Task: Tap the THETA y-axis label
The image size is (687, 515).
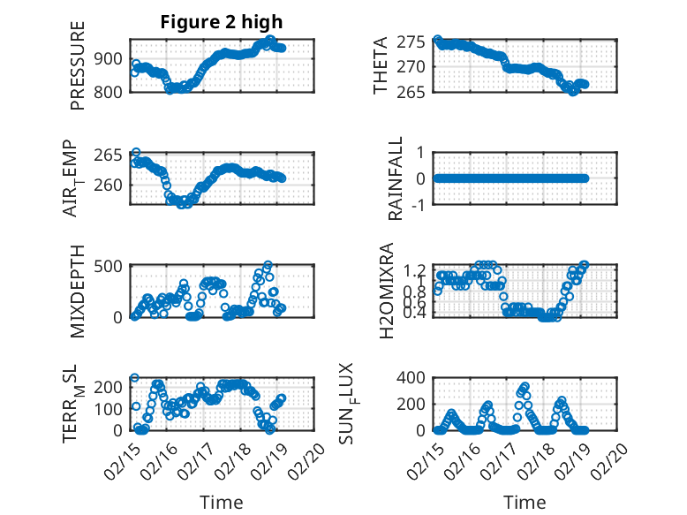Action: (381, 65)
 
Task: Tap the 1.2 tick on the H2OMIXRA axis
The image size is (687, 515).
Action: (415, 269)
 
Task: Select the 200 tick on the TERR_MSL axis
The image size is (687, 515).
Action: (113, 386)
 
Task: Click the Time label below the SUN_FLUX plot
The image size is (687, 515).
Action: (525, 503)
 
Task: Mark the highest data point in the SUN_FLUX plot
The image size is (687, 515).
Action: (525, 386)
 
